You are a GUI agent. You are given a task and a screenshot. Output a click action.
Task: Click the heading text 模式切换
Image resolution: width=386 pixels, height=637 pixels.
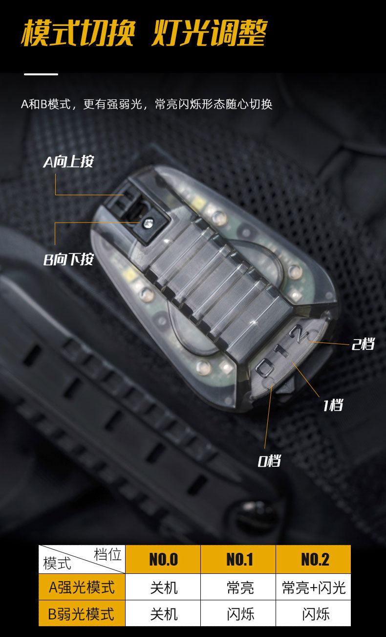pos(77,33)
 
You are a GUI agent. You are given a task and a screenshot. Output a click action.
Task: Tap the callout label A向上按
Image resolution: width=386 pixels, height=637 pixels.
pos(68,162)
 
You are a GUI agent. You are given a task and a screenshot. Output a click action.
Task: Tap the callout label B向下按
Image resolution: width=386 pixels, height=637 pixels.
pos(68,259)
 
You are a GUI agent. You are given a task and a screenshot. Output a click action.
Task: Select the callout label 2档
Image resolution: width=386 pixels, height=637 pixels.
pos(363,344)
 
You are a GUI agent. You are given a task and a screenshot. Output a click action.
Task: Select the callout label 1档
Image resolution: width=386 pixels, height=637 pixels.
pos(333,405)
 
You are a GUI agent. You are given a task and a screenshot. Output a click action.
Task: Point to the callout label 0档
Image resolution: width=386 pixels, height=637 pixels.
pos(269,460)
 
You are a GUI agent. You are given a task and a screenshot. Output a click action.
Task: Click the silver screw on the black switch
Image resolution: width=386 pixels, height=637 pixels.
pos(147,224)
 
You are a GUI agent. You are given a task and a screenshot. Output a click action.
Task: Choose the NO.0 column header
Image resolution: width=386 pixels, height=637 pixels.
pos(163,559)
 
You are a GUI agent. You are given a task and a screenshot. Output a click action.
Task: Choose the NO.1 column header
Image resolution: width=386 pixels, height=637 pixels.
pos(239,559)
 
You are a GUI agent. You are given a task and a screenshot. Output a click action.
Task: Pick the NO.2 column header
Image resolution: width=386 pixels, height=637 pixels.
pos(314,559)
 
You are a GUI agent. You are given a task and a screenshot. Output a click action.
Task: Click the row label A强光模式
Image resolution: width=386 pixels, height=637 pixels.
pos(82,587)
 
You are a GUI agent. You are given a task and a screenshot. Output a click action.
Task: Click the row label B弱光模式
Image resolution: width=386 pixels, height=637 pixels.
pos(82,614)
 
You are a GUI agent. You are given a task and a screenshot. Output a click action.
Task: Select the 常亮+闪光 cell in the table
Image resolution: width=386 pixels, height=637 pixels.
pos(314,587)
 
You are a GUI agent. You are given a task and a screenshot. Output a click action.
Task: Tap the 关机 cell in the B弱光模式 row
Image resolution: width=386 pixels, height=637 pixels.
pos(164,614)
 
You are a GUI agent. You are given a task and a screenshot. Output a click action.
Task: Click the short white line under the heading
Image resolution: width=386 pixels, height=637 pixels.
pos(41,74)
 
